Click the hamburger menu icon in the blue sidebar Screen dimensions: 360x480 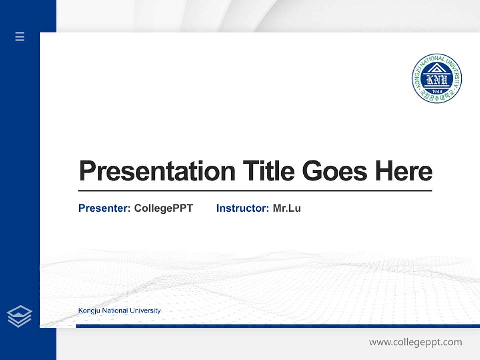coord(20,36)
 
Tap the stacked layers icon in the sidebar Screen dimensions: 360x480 coord(19,316)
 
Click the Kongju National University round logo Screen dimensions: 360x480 coord(437,78)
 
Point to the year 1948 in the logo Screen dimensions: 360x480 coord(437,91)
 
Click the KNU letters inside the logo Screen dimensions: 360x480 coord(437,79)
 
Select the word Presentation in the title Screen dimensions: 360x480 coord(157,171)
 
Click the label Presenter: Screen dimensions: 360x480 coord(104,208)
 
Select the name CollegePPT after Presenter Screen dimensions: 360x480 coord(163,208)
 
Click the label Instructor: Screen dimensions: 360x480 coord(242,208)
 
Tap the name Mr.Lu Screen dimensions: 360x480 coord(287,208)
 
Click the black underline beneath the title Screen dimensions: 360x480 coord(255,190)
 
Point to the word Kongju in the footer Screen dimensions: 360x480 coord(88,311)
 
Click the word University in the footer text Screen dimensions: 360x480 coord(146,311)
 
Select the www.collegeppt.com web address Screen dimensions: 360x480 coord(415,342)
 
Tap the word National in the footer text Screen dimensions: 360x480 coord(115,311)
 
